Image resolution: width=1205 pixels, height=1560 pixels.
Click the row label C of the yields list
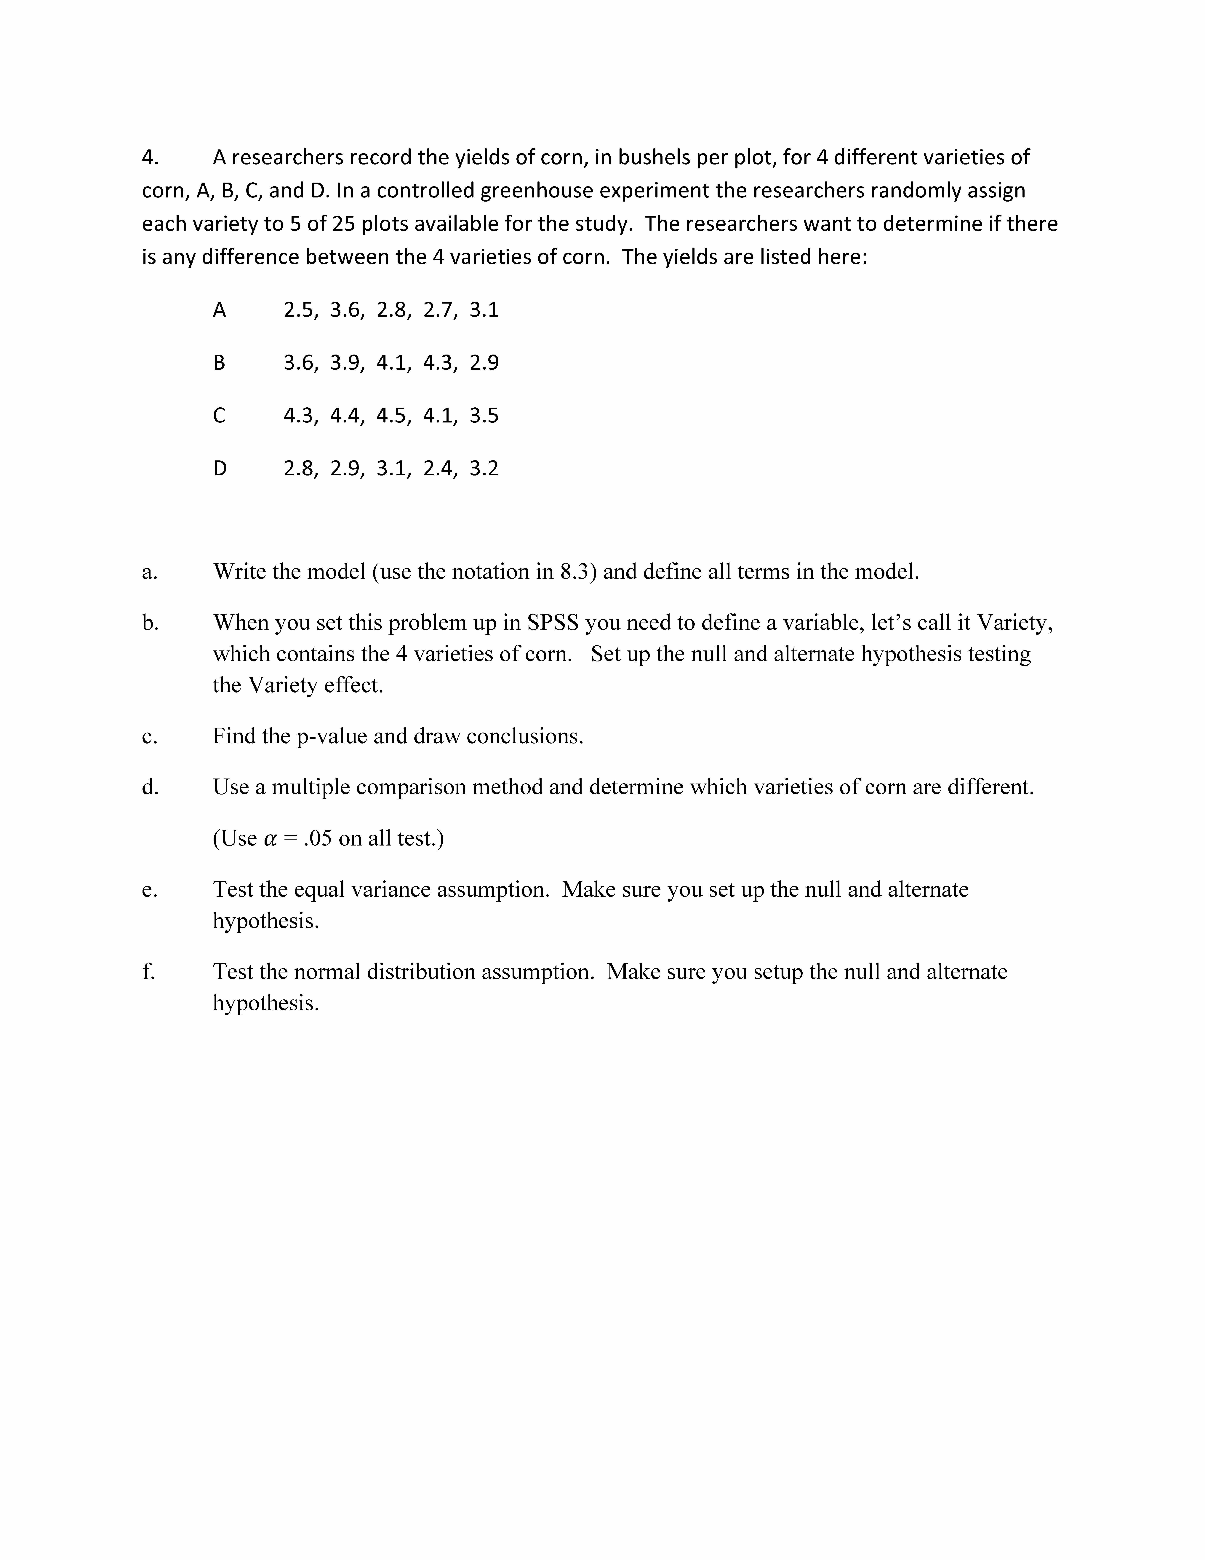[x=219, y=416]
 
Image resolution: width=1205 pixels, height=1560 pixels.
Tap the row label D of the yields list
[x=219, y=469]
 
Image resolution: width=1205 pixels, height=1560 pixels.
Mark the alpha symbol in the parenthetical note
[x=270, y=839]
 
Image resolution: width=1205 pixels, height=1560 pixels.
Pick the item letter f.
[x=148, y=972]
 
